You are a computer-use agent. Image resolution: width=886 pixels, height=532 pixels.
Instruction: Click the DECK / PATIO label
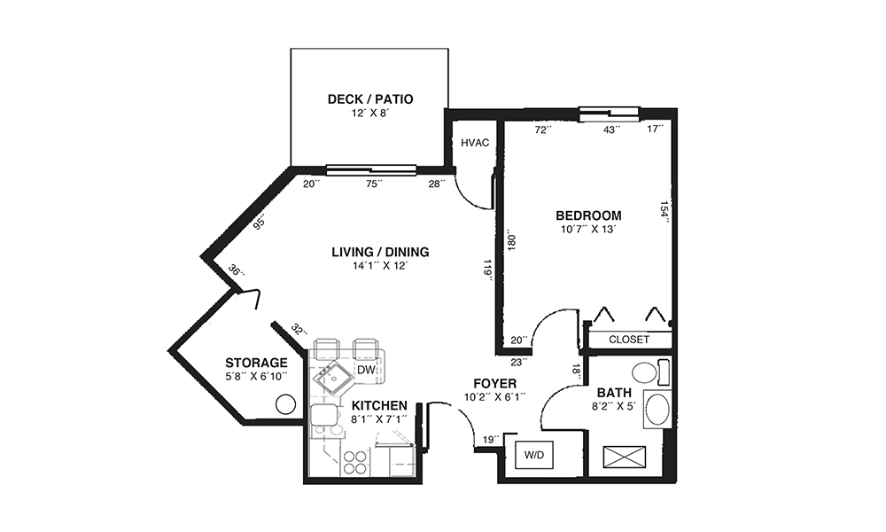370,99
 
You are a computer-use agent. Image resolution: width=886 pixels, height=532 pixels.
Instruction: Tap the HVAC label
475,143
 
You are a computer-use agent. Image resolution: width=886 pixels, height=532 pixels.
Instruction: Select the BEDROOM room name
588,215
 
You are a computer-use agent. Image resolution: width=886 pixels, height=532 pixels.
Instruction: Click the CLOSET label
629,340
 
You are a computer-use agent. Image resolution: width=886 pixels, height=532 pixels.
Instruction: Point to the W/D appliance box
534,455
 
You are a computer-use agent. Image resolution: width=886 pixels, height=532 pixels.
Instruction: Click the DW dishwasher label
366,371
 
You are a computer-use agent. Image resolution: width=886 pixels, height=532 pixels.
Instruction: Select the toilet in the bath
649,373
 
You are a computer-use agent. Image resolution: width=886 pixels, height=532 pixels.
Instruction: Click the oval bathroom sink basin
657,410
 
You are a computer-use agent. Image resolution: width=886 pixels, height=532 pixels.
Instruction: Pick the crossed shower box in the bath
624,457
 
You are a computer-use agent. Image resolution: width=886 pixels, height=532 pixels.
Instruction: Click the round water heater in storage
285,404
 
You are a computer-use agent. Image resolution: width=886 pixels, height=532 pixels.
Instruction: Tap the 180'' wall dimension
511,240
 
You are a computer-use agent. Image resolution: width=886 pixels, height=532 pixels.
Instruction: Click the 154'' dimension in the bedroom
665,213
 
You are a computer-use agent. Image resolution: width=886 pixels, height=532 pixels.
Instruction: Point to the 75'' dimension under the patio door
374,184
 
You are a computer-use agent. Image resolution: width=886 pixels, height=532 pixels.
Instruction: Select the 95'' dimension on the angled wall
260,223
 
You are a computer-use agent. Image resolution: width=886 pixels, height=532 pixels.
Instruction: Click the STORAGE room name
256,363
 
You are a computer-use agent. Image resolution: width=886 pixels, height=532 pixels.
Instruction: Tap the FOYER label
495,385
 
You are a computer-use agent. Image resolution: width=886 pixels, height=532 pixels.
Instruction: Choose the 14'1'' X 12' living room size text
380,266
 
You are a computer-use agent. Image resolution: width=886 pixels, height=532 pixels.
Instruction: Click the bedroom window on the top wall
610,114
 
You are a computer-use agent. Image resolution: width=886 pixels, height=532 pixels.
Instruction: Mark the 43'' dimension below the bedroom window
611,129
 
